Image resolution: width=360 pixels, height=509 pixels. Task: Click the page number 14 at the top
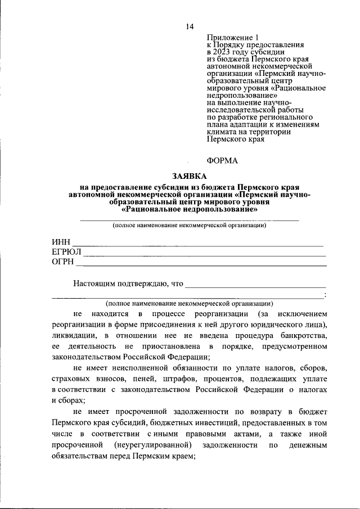point(190,26)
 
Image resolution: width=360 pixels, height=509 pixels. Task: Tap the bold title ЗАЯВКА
point(189,176)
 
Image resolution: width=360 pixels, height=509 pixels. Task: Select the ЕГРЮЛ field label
point(66,251)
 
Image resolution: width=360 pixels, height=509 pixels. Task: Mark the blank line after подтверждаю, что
point(255,286)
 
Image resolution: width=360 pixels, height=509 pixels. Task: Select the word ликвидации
point(73,335)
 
